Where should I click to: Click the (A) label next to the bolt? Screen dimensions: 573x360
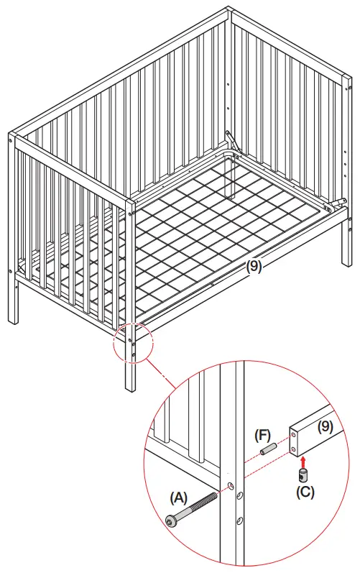point(180,497)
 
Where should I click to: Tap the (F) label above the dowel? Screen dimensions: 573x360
point(264,436)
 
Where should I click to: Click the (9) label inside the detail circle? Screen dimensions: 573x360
point(326,426)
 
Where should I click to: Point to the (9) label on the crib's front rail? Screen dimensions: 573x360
point(254,265)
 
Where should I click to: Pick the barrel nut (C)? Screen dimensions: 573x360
point(303,475)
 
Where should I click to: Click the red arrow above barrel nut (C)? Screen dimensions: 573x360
point(303,460)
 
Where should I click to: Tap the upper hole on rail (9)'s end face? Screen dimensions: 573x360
point(295,434)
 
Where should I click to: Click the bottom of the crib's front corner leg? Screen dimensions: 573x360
point(130,388)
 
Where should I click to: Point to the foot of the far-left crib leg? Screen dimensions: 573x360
point(15,320)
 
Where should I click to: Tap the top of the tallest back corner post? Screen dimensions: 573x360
point(230,10)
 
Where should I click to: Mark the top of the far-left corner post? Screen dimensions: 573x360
point(12,135)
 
